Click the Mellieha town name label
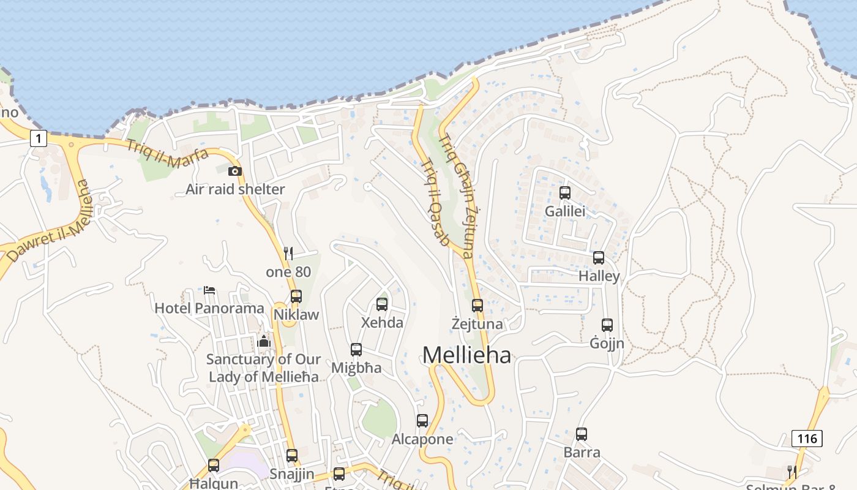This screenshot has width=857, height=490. pyautogui.click(x=466, y=355)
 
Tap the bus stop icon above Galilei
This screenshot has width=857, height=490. pyautogui.click(x=565, y=193)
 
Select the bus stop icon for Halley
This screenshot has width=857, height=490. pyautogui.click(x=599, y=258)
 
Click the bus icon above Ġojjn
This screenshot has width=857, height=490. pyautogui.click(x=607, y=325)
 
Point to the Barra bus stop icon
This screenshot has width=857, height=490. pyautogui.click(x=582, y=434)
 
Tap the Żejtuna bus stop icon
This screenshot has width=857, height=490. pyautogui.click(x=477, y=305)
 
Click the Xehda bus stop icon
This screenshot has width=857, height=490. pyautogui.click(x=382, y=304)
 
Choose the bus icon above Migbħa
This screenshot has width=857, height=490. pyautogui.click(x=356, y=350)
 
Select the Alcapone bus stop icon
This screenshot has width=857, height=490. pyautogui.click(x=422, y=421)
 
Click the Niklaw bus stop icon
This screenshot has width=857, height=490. pyautogui.click(x=296, y=296)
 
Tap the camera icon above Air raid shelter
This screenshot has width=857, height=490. pyautogui.click(x=235, y=171)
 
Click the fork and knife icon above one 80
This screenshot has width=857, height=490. pyautogui.click(x=288, y=253)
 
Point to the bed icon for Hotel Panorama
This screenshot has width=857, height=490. pyautogui.click(x=209, y=290)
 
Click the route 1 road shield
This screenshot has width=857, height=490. pyautogui.click(x=39, y=139)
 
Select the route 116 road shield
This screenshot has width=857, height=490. pyautogui.click(x=806, y=439)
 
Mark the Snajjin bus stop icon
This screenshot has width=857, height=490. pyautogui.click(x=292, y=456)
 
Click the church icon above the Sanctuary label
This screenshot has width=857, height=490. pyautogui.click(x=264, y=341)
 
